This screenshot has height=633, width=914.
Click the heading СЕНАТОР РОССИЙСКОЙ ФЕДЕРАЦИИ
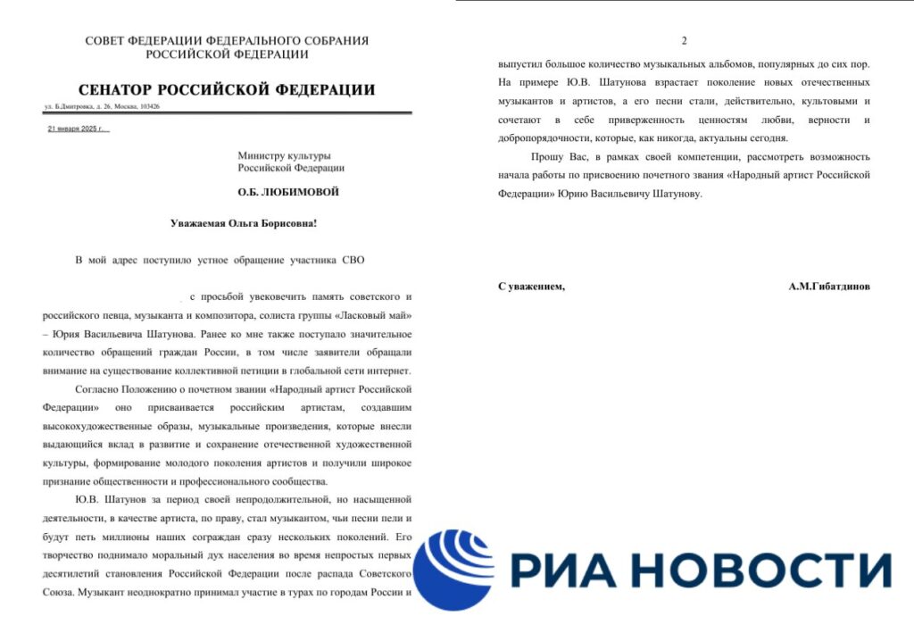(x=227, y=90)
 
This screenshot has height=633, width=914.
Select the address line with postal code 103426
(x=102, y=107)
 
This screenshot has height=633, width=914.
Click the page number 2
(x=685, y=41)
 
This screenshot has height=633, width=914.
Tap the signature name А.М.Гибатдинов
(x=829, y=287)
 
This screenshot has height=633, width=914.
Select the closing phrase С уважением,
(x=531, y=287)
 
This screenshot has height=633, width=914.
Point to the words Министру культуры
(x=284, y=155)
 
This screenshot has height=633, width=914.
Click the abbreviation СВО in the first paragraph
(x=353, y=260)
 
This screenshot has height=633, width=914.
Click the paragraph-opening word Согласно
(x=100, y=390)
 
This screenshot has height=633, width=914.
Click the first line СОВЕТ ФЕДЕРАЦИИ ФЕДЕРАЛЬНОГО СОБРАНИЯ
(x=227, y=41)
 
